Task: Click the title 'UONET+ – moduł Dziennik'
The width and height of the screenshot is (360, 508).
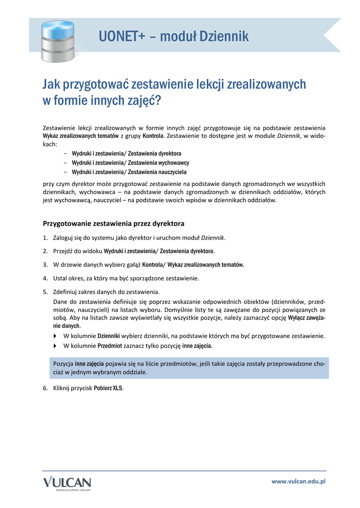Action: pos(174,36)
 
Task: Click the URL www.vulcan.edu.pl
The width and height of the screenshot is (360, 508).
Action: pos(298,482)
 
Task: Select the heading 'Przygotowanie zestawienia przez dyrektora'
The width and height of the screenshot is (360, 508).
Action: pos(114,224)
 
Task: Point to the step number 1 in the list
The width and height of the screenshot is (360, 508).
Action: pos(45,238)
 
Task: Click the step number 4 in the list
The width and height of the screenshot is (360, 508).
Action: pos(45,278)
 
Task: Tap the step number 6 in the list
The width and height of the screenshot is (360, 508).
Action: pos(45,388)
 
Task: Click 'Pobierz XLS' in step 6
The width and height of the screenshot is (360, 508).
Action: pos(108,388)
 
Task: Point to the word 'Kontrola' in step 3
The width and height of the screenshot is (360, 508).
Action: pos(152,265)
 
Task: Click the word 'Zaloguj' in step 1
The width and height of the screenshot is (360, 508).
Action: pos(63,238)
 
